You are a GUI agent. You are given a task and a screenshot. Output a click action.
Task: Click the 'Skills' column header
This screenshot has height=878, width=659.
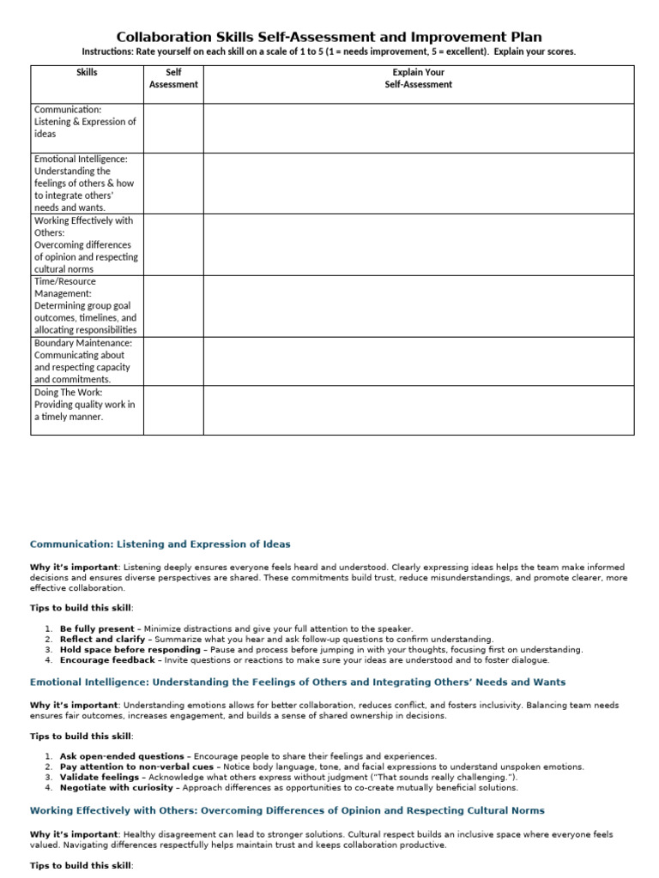[87, 73]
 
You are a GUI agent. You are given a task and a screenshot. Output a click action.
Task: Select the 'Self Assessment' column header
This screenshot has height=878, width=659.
[173, 79]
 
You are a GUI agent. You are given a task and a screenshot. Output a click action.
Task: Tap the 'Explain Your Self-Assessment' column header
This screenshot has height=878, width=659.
[418, 79]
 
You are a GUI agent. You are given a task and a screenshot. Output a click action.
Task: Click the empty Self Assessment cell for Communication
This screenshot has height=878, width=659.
[173, 128]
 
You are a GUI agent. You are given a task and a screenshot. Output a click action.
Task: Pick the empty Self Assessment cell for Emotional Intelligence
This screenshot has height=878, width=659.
[173, 183]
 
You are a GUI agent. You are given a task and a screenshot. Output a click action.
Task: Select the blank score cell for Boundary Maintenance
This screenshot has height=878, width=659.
[173, 361]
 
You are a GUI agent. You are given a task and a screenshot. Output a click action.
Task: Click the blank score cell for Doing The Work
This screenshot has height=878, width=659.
[173, 410]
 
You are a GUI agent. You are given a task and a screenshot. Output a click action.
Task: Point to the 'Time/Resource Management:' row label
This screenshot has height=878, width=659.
[65, 287]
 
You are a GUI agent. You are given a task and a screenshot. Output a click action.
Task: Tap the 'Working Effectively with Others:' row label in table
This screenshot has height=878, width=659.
[83, 226]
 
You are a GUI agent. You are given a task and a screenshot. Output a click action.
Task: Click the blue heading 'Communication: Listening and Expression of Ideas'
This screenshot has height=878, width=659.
[160, 544]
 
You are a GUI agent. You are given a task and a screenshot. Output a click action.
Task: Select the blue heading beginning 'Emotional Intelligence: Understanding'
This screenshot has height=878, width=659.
[298, 683]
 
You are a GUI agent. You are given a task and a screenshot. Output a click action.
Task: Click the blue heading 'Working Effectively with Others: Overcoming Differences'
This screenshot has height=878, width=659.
[287, 810]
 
